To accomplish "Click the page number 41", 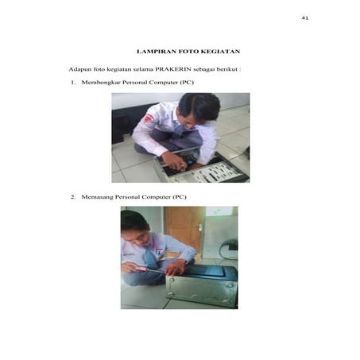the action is [x=304, y=18].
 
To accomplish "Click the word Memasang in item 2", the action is [x=97, y=197].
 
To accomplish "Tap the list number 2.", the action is [x=73, y=197].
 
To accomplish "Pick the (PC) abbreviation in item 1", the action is [x=187, y=83].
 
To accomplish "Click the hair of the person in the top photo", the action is [x=199, y=105].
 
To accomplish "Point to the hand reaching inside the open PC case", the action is [x=172, y=161].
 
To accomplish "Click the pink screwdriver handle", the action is [x=140, y=269].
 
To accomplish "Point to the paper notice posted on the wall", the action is [x=219, y=211].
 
